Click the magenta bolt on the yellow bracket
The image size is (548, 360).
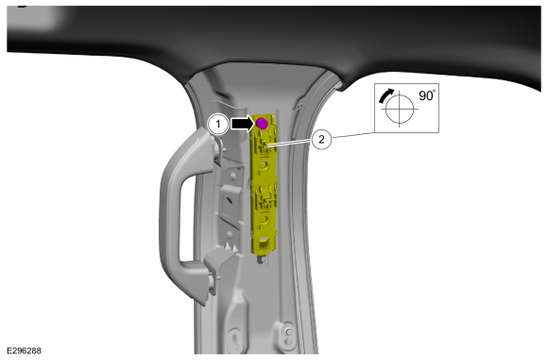tap(262, 124)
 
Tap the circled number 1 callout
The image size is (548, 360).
tap(218, 124)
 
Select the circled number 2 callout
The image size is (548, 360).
tap(321, 140)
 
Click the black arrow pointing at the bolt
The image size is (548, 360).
tap(243, 124)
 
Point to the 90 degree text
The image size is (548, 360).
tap(427, 95)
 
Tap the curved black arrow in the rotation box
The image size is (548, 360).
tap(385, 95)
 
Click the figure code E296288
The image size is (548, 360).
tap(24, 351)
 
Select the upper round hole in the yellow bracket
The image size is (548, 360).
tap(264, 164)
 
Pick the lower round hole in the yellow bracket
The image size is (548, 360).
tap(265, 219)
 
